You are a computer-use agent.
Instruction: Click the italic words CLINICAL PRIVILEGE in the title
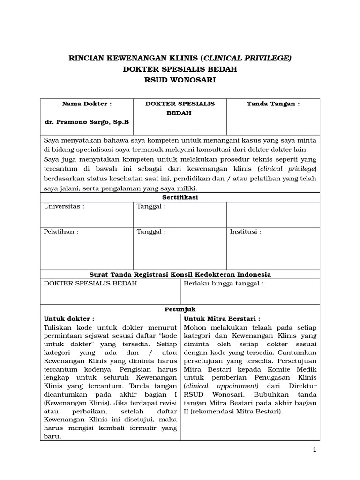point(247,58)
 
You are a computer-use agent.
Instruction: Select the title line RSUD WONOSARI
point(180,80)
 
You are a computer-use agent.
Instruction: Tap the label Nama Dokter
point(87,104)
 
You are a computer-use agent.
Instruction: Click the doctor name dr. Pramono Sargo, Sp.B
point(87,122)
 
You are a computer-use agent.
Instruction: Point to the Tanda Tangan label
point(273,104)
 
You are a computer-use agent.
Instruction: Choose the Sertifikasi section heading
point(180,197)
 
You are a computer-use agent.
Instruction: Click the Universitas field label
point(64,207)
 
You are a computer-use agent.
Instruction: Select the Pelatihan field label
point(61,232)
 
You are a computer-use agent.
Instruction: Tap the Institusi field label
point(245,232)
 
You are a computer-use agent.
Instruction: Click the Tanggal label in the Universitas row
point(151,207)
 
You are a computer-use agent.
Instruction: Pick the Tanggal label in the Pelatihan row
point(151,232)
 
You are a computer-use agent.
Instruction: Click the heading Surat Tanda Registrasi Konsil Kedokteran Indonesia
point(180,274)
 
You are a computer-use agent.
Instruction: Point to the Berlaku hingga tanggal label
point(224,284)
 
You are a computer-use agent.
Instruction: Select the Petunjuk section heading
point(180,309)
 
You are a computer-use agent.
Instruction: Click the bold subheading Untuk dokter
point(69,319)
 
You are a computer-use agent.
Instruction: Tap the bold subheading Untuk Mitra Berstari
point(222,319)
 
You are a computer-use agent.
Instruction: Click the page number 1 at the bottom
point(315,450)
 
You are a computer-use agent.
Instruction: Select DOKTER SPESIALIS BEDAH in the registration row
point(90,284)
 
